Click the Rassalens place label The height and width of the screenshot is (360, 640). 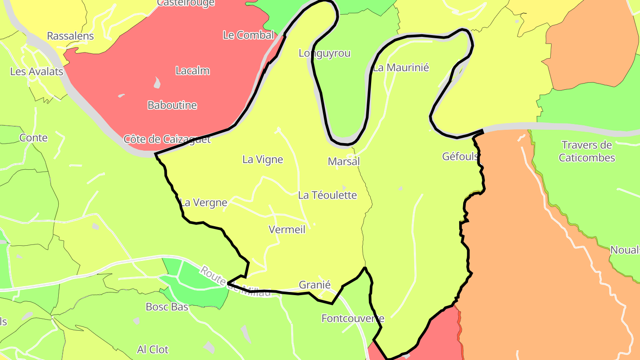pyautogui.click(x=70, y=36)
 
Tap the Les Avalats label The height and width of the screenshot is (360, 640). pyautogui.click(x=36, y=71)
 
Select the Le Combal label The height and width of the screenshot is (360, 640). pyautogui.click(x=248, y=35)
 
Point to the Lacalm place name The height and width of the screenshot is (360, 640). pyautogui.click(x=192, y=71)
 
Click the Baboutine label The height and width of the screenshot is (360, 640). pyautogui.click(x=172, y=105)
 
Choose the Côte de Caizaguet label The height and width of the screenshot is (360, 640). pyautogui.click(x=167, y=139)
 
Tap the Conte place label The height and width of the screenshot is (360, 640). pyautogui.click(x=33, y=138)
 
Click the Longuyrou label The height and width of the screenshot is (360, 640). pyautogui.click(x=324, y=53)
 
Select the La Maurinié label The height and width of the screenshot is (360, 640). pyautogui.click(x=401, y=68)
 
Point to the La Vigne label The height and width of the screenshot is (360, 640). pyautogui.click(x=263, y=160)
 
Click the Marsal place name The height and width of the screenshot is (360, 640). pyautogui.click(x=344, y=161)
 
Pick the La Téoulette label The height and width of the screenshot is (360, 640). pyautogui.click(x=328, y=195)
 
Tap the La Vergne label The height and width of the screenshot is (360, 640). pyautogui.click(x=204, y=203)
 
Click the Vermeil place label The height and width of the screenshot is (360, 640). pyautogui.click(x=287, y=229)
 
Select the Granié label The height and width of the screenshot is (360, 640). pyautogui.click(x=315, y=285)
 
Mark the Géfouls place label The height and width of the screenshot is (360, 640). pyautogui.click(x=460, y=156)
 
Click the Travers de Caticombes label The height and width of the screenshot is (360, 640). pyautogui.click(x=587, y=152)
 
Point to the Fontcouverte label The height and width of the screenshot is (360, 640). pyautogui.click(x=352, y=318)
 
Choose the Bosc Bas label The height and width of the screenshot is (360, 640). pyautogui.click(x=167, y=307)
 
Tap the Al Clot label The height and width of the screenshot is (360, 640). pyautogui.click(x=153, y=350)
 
